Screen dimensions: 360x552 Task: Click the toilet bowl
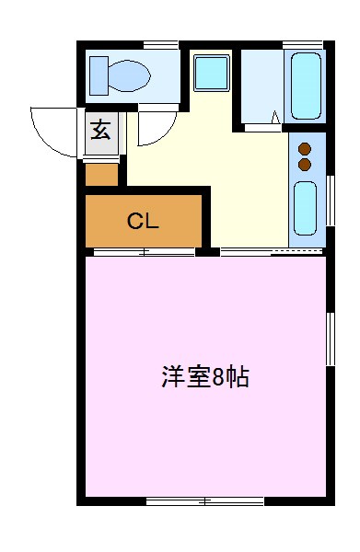(x=129, y=75)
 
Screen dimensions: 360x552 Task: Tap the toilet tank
(x=99, y=75)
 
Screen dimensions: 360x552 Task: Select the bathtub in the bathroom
(x=306, y=86)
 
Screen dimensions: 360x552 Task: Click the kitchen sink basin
(x=305, y=208)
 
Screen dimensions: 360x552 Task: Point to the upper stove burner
(x=305, y=149)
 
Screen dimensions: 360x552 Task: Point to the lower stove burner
(x=305, y=165)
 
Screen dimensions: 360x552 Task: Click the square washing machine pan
(x=212, y=74)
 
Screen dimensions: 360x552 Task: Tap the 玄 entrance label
(x=100, y=131)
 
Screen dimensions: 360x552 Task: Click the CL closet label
(x=143, y=222)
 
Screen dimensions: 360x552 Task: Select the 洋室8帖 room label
(x=205, y=376)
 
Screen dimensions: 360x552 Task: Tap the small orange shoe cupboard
(x=102, y=174)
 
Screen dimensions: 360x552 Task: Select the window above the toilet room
(x=161, y=45)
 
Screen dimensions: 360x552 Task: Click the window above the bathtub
(x=303, y=45)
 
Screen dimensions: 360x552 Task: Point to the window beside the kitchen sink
(x=330, y=201)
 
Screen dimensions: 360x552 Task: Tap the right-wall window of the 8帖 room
(x=330, y=339)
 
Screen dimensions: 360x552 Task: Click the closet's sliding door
(x=144, y=252)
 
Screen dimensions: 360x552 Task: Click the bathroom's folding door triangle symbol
(x=276, y=117)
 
